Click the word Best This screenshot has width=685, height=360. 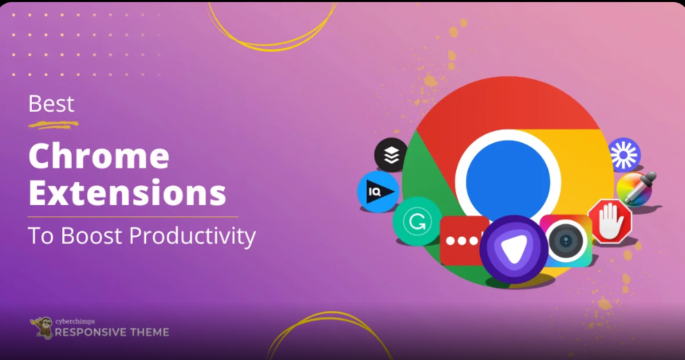[51, 104]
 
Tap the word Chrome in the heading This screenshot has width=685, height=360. [99, 156]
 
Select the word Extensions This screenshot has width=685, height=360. [127, 193]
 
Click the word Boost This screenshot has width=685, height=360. [91, 235]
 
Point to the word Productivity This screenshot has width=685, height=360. [193, 237]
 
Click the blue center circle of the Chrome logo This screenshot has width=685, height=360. [508, 182]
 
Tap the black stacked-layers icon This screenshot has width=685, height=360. [391, 155]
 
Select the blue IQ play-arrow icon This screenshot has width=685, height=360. [378, 192]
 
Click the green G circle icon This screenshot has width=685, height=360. [417, 221]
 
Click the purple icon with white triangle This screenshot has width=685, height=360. [514, 249]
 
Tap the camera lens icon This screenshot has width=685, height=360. [566, 241]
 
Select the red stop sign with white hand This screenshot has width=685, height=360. [611, 221]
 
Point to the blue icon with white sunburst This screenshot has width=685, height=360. [624, 154]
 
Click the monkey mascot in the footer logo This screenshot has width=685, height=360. [43, 328]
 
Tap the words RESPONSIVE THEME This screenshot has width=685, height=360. [112, 332]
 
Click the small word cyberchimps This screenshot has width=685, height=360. [75, 321]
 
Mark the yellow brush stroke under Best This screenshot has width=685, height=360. [53, 125]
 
